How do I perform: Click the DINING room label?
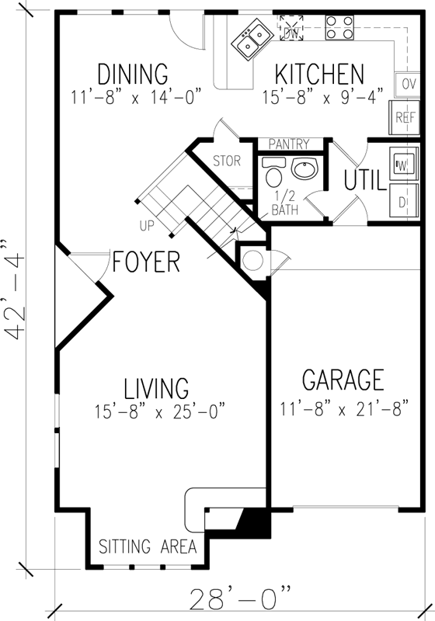(x=133, y=75)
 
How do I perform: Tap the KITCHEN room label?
(x=318, y=75)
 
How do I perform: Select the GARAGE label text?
(x=343, y=380)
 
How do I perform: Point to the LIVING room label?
(x=156, y=387)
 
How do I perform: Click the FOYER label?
(x=146, y=262)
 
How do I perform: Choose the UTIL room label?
(x=364, y=180)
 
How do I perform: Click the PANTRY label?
(x=289, y=144)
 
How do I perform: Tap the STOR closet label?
(x=227, y=162)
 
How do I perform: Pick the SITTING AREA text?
(x=146, y=546)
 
